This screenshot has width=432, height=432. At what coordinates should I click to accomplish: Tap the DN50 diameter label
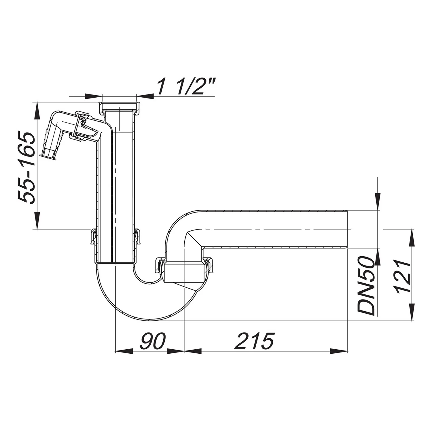[366, 286]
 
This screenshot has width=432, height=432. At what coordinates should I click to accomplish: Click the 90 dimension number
[153, 341]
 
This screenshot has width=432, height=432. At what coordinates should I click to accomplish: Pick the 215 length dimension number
[254, 341]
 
